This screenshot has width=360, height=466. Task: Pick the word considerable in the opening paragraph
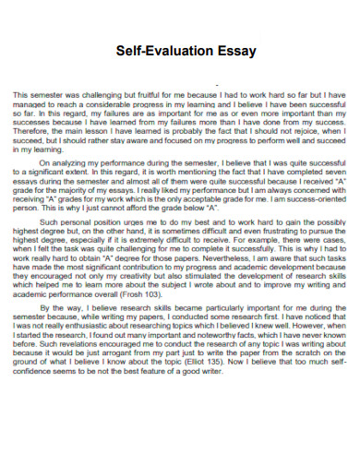[115, 104]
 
